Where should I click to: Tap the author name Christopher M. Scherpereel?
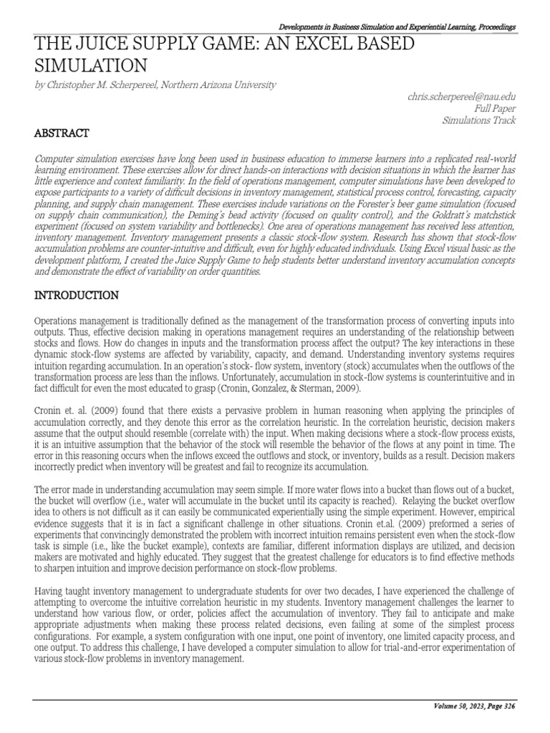click(100, 85)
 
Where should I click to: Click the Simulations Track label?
click(479, 121)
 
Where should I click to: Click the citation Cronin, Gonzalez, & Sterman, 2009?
click(291, 387)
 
